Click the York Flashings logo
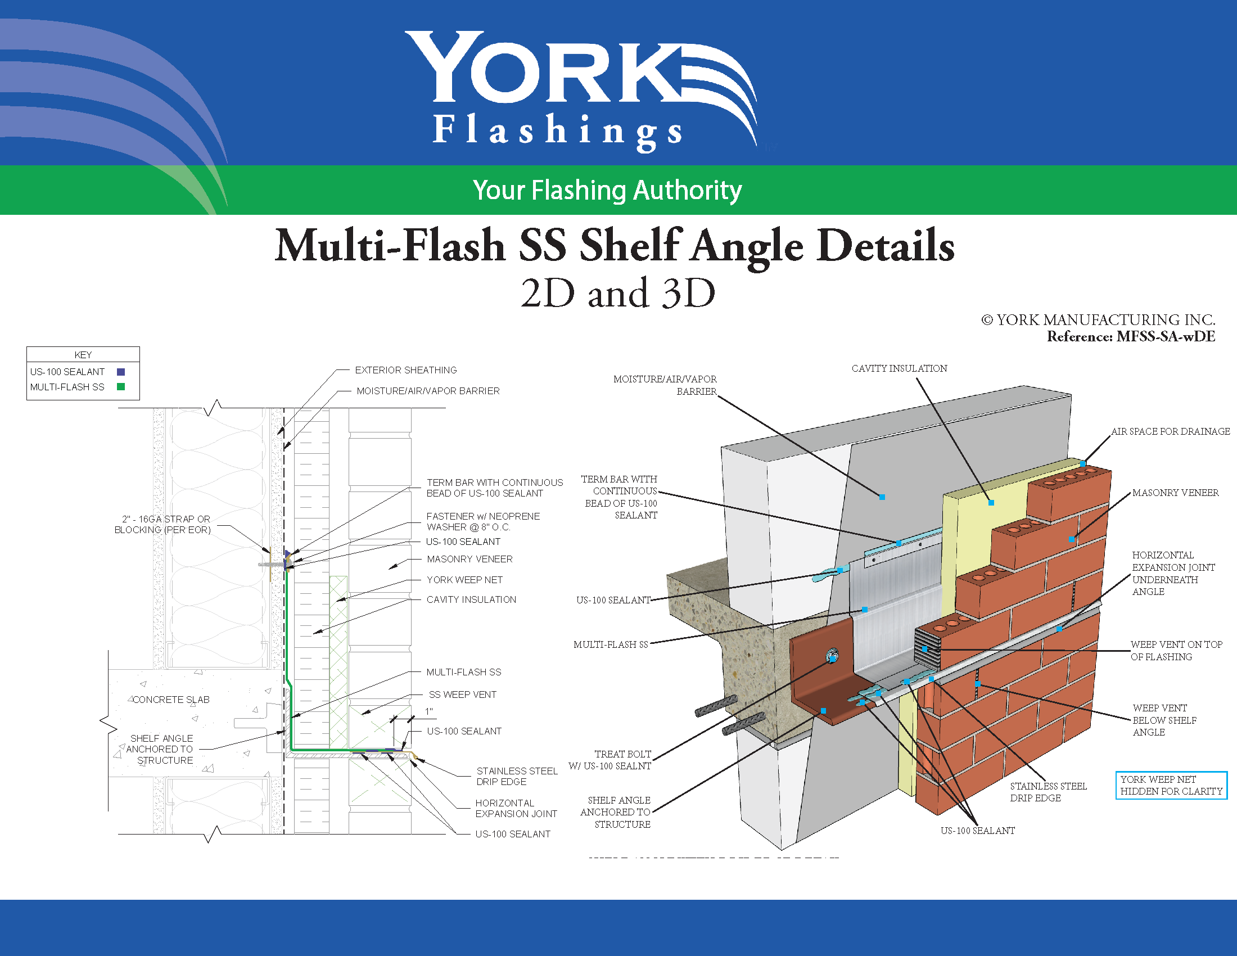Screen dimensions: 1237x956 tap(581, 91)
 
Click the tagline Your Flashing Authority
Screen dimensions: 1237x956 tap(607, 190)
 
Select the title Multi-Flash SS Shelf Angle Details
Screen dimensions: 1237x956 tap(615, 245)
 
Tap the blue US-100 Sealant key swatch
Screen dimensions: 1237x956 tap(121, 372)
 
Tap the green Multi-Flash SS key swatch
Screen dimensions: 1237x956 tap(121, 387)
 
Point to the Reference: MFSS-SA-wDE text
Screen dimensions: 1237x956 tap(1131, 336)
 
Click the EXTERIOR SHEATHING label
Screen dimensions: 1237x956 tap(405, 370)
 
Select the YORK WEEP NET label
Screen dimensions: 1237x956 tap(464, 580)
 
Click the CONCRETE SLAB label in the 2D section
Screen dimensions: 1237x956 tap(171, 700)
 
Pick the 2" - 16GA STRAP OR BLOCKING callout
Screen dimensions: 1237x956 tap(162, 525)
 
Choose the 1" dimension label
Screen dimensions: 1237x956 tap(429, 711)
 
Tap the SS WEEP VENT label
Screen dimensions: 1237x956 tap(462, 695)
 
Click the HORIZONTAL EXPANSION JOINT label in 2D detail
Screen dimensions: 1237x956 tap(516, 808)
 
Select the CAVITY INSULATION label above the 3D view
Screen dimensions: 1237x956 tap(900, 368)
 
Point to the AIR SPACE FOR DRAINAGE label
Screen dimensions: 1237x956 tap(1170, 431)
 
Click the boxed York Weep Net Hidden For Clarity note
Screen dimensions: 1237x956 tap(1171, 786)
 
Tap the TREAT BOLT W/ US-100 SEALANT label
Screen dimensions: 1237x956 tap(610, 760)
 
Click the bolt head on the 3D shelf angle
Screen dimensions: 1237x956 tap(832, 656)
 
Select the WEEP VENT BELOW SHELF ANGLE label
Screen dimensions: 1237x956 tap(1164, 720)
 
